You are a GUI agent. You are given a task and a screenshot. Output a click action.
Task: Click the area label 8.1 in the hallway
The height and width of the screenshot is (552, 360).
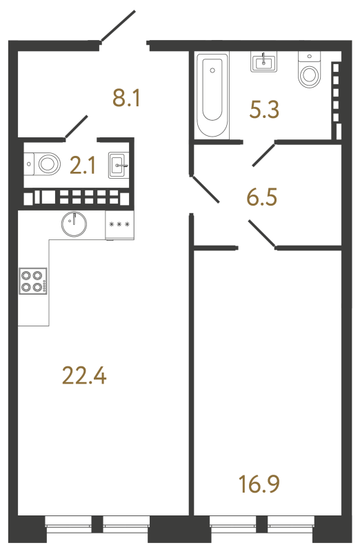(x=127, y=99)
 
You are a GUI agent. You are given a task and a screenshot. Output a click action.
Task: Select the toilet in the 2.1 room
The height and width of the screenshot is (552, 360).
(x=43, y=164)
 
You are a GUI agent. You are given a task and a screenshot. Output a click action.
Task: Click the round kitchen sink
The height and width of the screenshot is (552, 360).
(x=74, y=224)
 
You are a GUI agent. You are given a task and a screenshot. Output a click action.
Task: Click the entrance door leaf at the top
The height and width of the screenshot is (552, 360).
(x=118, y=28)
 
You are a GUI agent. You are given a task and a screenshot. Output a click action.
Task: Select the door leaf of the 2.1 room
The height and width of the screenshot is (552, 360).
(x=76, y=127)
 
